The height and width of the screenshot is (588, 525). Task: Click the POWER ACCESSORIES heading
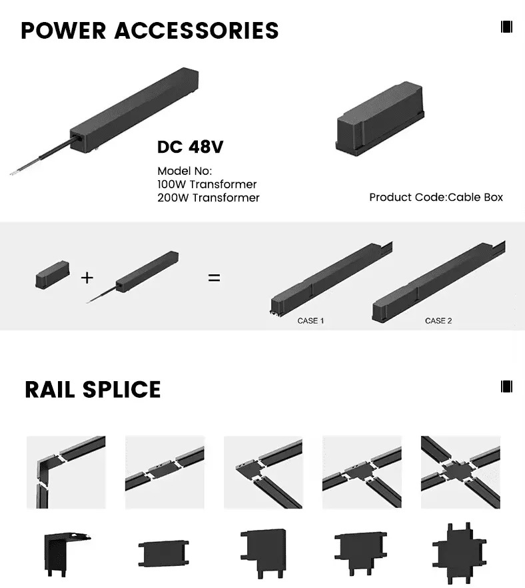pos(150,31)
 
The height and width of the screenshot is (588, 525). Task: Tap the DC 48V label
pos(191,147)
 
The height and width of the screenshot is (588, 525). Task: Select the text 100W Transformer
pos(207,184)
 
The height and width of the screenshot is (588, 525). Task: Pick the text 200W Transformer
pos(209,198)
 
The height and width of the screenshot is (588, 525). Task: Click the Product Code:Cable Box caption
pos(436,198)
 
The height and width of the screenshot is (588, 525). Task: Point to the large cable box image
pos(380,119)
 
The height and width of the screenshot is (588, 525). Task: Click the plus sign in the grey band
pos(87,278)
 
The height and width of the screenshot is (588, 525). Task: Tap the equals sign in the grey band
pos(214,278)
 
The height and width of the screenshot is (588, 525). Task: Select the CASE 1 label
pos(310,320)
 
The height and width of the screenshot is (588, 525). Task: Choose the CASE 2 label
pos(438,320)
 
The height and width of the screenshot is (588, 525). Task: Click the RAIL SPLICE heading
pos(93,389)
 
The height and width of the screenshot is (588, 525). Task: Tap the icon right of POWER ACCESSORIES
pos(506,27)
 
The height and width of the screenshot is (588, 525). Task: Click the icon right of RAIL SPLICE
pos(506,386)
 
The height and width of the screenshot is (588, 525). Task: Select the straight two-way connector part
pos(164,553)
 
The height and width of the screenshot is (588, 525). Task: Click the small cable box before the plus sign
pos(53,274)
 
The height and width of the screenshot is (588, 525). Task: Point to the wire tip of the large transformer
pos(11,174)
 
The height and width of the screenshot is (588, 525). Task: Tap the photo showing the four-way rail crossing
pos(460,472)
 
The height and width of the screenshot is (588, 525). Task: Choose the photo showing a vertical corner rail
pos(66,472)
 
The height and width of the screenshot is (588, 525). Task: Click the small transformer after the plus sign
pos(133,276)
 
